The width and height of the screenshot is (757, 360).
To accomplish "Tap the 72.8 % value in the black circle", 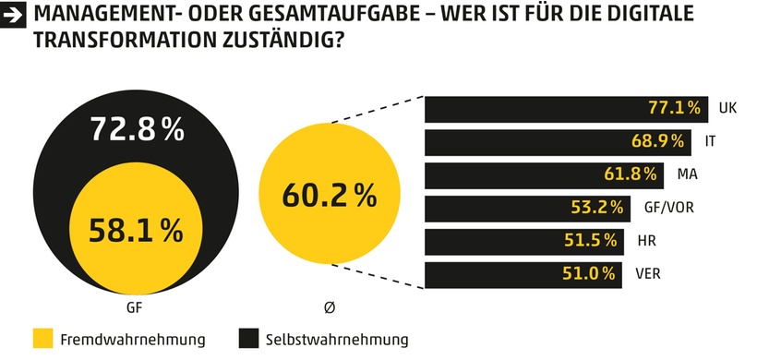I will pos(138,130).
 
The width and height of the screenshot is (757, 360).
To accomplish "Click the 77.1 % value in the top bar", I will pos(675,108).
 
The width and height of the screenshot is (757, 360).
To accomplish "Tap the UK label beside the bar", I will pos(727,108).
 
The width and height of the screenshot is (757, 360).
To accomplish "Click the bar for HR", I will pos(524,241).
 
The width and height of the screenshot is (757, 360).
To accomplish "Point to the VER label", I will pos(648,274).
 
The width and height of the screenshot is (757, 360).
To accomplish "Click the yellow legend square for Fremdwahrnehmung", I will pos(42,339).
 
